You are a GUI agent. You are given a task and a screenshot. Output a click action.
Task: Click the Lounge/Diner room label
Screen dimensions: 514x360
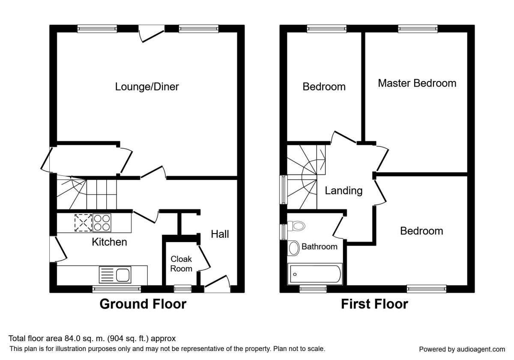pos(147,87)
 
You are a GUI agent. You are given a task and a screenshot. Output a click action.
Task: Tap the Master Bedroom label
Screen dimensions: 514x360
pos(417,83)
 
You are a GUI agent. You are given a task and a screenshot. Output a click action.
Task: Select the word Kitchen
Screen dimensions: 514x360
pos(109,242)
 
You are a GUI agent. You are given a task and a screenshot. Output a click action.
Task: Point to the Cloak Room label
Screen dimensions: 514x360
pos(181,264)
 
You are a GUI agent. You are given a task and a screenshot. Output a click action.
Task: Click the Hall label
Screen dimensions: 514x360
pos(220,234)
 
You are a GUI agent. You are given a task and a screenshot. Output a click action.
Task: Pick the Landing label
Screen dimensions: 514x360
pos(344,191)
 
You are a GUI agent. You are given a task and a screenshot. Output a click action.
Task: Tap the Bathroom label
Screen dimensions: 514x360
pos(319,246)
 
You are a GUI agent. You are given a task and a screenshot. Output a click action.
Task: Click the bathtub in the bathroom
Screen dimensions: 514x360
pos(315,273)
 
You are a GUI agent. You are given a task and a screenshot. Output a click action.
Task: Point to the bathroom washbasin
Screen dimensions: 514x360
pos(294,248)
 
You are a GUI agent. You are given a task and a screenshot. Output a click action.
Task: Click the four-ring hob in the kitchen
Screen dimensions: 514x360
pos(102,223)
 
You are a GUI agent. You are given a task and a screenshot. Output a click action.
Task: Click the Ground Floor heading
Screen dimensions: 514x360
pos(143,304)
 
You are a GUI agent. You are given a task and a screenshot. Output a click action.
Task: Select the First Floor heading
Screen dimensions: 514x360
pos(374,304)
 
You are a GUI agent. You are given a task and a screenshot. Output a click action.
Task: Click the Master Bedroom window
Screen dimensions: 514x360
pos(418,29)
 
